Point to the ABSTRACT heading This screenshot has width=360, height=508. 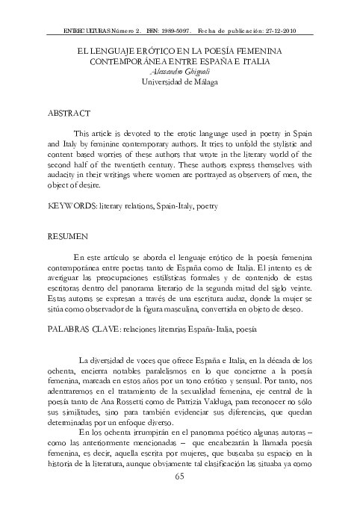69,114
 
